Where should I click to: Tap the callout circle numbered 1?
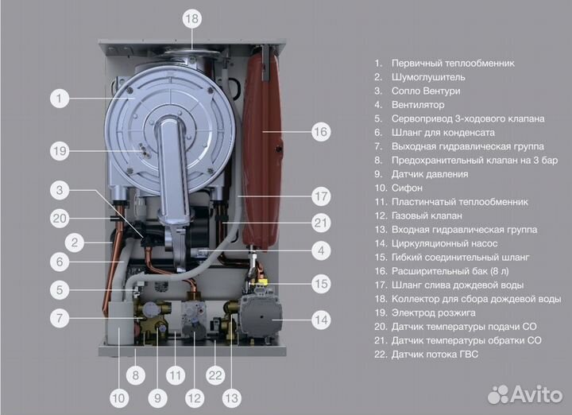pos(60,99)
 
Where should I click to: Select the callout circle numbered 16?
pos(320,132)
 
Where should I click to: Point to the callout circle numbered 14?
pos(320,321)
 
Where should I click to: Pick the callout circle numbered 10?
pos(118,397)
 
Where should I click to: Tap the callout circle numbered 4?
pos(320,251)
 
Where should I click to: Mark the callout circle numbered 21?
pos(320,223)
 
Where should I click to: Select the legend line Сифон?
pos(418,188)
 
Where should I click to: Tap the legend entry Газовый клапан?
pos(427,216)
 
